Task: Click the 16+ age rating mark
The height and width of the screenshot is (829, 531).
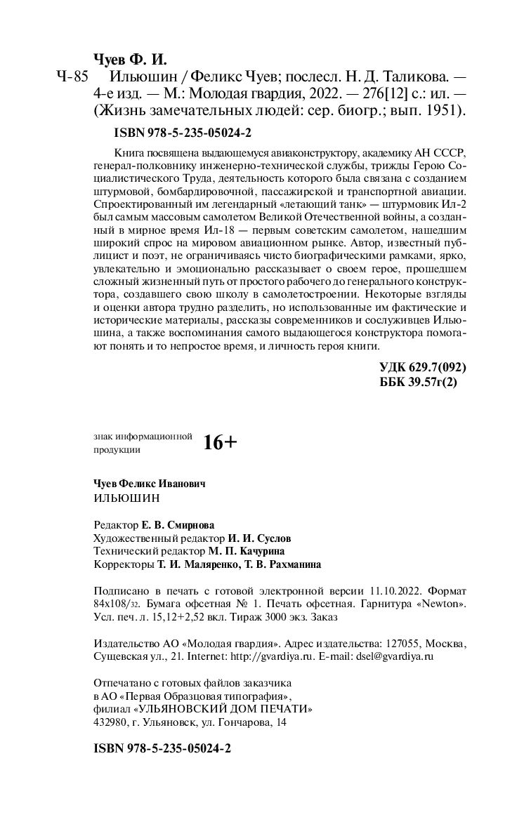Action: pyautogui.click(x=221, y=442)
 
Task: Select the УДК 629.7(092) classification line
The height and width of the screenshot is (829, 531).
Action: pyautogui.click(x=422, y=367)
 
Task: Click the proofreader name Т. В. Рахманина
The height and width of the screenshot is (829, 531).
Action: pyautogui.click(x=281, y=564)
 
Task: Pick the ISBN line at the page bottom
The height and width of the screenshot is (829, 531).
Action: pyautogui.click(x=162, y=748)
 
